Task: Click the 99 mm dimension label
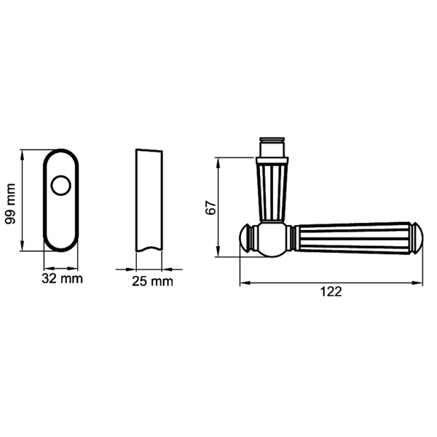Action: point(10,201)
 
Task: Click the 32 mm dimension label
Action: point(62,278)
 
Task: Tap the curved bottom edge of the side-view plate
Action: point(149,249)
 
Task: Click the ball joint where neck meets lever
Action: point(273,240)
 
